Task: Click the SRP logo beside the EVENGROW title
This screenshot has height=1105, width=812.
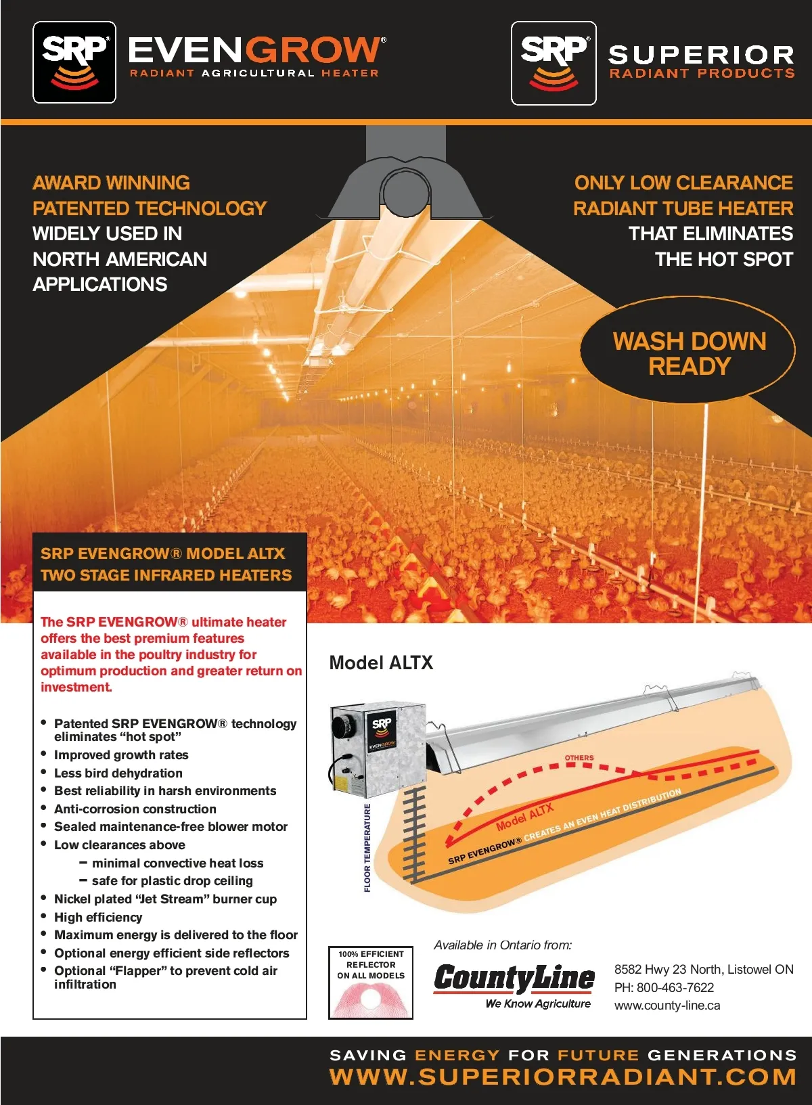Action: (x=74, y=62)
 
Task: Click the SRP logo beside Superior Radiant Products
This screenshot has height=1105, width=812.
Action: (x=554, y=63)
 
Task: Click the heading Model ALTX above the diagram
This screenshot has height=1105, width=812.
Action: (x=381, y=662)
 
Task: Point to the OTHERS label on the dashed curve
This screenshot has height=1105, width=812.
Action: (x=579, y=758)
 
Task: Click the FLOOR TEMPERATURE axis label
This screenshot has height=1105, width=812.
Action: (x=367, y=848)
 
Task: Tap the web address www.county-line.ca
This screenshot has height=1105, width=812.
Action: (x=667, y=1006)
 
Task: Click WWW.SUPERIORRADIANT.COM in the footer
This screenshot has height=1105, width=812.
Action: (x=562, y=1077)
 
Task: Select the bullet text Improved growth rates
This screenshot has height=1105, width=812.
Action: (x=121, y=755)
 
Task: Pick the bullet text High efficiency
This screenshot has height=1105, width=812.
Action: (x=98, y=918)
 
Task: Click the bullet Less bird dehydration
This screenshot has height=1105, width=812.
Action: (x=118, y=773)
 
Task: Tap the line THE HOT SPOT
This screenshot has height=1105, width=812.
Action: (x=723, y=259)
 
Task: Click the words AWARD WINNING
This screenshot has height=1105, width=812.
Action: (x=112, y=183)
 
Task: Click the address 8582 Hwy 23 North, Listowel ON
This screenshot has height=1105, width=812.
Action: (x=704, y=969)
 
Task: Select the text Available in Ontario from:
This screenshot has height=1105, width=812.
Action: (x=503, y=945)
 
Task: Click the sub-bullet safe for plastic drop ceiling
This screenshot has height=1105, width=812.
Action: (x=173, y=881)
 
